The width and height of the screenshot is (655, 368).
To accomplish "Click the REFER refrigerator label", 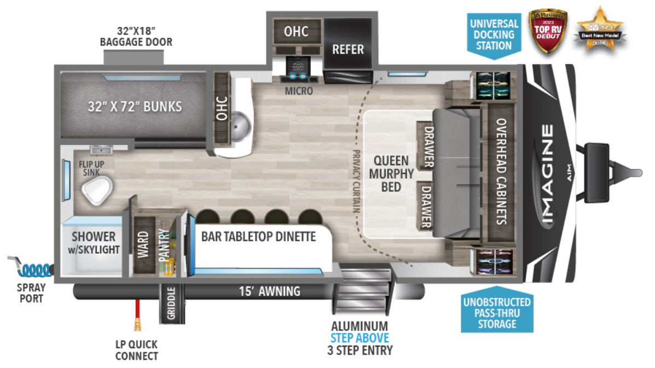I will point(348,50).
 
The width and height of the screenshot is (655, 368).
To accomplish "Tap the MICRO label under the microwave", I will point(299,91).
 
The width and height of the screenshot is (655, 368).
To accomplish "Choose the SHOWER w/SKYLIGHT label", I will point(94,243).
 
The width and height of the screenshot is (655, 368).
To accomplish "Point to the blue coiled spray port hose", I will point(33,268).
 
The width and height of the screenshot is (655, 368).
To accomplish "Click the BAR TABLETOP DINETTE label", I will point(258,237).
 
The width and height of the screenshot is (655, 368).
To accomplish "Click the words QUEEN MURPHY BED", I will point(391,174).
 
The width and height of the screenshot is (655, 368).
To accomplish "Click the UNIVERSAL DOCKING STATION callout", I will point(494,34).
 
